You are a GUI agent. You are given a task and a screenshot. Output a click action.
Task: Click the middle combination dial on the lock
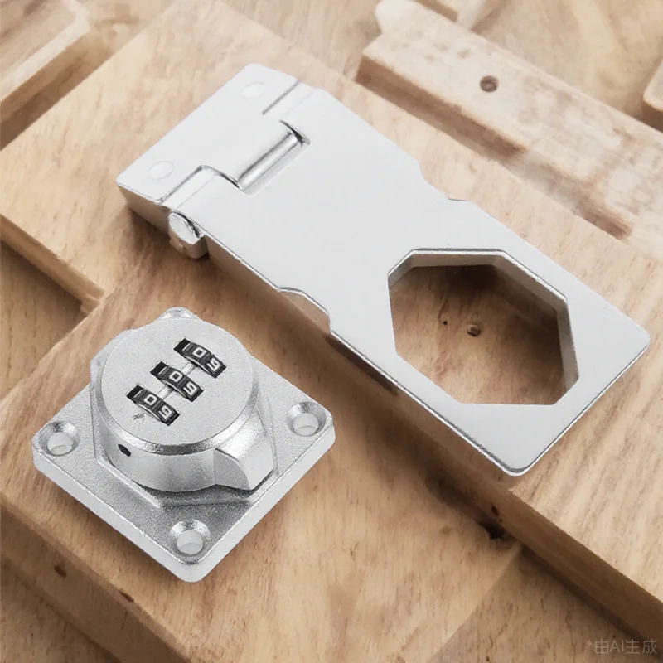175,379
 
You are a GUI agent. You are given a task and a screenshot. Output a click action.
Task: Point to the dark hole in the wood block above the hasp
488,83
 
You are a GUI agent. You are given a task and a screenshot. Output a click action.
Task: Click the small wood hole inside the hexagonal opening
473,329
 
